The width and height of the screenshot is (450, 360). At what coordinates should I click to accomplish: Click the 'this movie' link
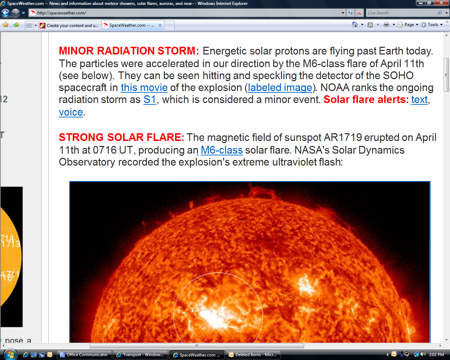[x=144, y=88]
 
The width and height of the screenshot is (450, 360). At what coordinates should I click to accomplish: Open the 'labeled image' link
[x=280, y=88]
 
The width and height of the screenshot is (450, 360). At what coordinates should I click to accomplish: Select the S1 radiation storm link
[x=150, y=99]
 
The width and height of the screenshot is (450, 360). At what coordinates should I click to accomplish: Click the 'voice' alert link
[x=71, y=112]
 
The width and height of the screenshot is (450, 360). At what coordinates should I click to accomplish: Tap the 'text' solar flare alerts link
[x=419, y=99]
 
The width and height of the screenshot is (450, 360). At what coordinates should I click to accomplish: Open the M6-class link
[x=221, y=150]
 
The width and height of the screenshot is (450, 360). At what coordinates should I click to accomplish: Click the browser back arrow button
[x=6, y=13]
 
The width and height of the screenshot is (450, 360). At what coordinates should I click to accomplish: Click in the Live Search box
[x=401, y=13]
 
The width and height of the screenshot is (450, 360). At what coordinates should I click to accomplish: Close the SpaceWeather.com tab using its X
[x=160, y=25]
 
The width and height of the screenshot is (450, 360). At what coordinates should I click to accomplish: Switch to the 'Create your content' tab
[x=70, y=26]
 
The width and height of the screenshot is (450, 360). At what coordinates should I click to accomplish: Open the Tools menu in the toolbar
[x=432, y=25]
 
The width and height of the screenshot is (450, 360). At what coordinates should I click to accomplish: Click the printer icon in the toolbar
[x=386, y=25]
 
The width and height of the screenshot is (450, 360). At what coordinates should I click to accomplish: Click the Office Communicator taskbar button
[x=84, y=355]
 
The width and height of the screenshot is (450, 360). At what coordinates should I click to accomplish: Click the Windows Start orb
[x=10, y=355]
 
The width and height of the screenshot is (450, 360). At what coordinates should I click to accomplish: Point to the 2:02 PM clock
[x=436, y=355]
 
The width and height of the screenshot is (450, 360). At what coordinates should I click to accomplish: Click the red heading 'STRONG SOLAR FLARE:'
[x=121, y=137]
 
